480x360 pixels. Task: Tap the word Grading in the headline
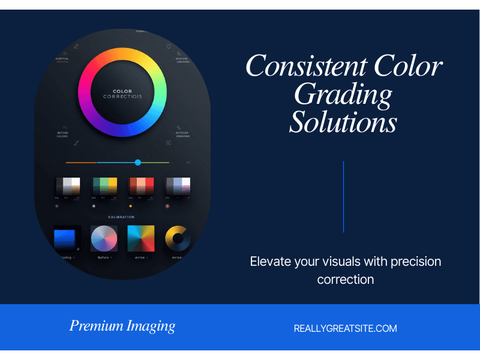point(343,94)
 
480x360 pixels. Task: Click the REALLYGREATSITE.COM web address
point(345,328)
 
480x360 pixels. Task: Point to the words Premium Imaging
point(122,326)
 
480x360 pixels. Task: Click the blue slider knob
point(138,163)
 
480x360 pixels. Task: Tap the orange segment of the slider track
point(81,163)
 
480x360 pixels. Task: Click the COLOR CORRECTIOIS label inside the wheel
point(122,94)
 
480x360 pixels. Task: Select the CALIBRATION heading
point(121,217)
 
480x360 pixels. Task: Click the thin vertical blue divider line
point(343,196)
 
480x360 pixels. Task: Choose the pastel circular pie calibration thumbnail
point(104,239)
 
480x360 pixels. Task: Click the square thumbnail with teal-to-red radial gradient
point(141,239)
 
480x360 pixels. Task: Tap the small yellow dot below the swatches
point(130,206)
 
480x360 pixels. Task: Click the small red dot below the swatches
point(167,206)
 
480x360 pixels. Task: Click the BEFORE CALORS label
point(62,134)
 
